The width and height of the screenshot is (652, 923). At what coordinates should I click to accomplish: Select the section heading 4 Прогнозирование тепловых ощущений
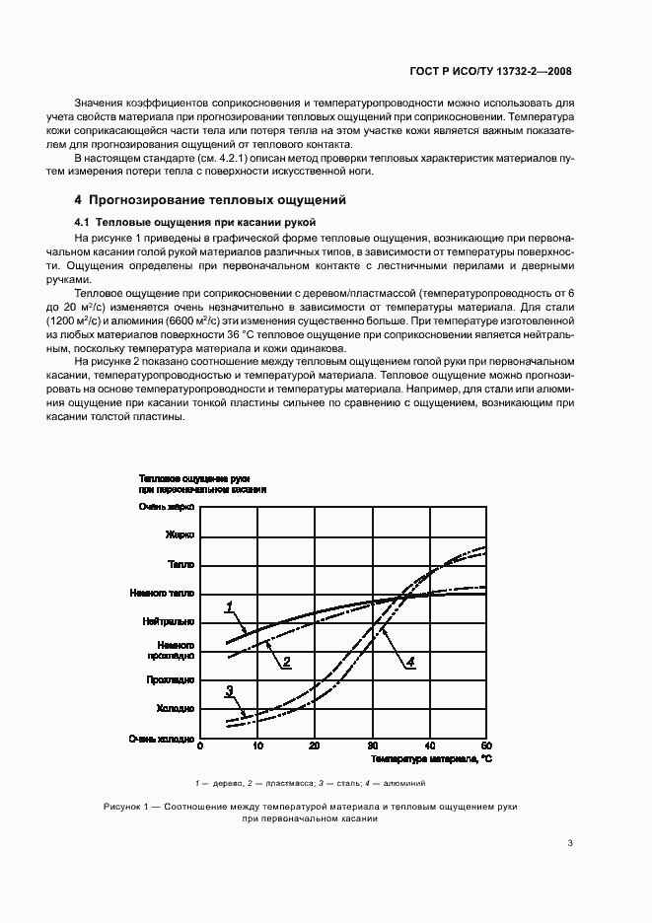coord(210,199)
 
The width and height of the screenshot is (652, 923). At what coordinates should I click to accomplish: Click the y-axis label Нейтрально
coord(169,622)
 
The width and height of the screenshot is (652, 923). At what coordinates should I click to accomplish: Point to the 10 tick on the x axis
coord(257,745)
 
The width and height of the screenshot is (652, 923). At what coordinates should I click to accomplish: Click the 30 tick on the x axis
coord(372,745)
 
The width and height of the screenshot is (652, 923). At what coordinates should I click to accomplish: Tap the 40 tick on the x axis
coord(429,745)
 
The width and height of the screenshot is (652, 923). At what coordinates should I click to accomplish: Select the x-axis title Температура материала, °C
coord(430,760)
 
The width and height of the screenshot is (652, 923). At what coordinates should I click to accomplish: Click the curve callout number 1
coord(229,605)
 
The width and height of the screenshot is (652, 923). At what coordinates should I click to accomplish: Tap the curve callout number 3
coord(229,690)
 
